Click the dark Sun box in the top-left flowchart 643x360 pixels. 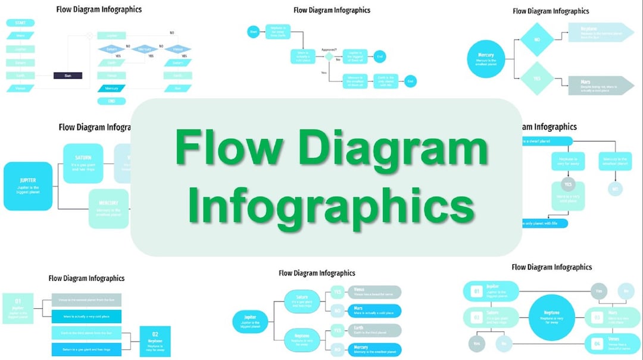[x=68, y=76]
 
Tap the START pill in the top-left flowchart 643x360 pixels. [x=20, y=23]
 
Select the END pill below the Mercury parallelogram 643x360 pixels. [x=111, y=101]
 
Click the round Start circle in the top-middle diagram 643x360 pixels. [x=253, y=31]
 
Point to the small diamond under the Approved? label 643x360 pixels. [x=328, y=57]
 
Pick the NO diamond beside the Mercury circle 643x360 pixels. [x=536, y=40]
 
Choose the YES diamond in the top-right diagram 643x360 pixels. [x=536, y=79]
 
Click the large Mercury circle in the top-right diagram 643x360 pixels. [x=490, y=58]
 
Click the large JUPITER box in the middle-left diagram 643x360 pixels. [x=28, y=186]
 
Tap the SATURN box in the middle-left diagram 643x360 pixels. [x=83, y=162]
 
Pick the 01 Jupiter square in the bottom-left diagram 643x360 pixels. [x=18, y=308]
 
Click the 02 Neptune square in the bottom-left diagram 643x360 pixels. [x=155, y=342]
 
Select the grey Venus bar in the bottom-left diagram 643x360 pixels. [x=86, y=300]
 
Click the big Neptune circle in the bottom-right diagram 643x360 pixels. [x=551, y=317]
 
